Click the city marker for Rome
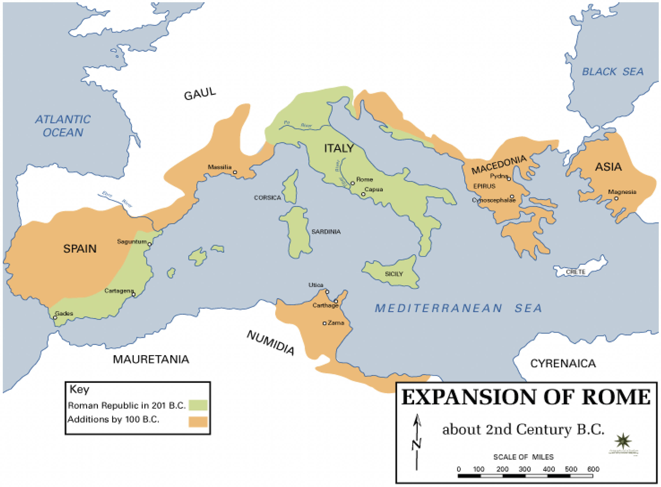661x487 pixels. [352, 183]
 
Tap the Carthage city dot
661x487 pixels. [336, 301]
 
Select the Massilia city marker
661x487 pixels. [235, 172]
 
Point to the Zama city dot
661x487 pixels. [324, 323]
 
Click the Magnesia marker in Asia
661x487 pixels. [616, 199]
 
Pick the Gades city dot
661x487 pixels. [55, 318]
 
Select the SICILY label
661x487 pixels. [394, 274]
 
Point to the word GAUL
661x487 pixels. [200, 94]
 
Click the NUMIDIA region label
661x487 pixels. [270, 343]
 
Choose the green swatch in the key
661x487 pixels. [198, 405]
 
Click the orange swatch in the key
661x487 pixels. [198, 422]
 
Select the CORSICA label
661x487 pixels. [267, 198]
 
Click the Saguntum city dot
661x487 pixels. [150, 244]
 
